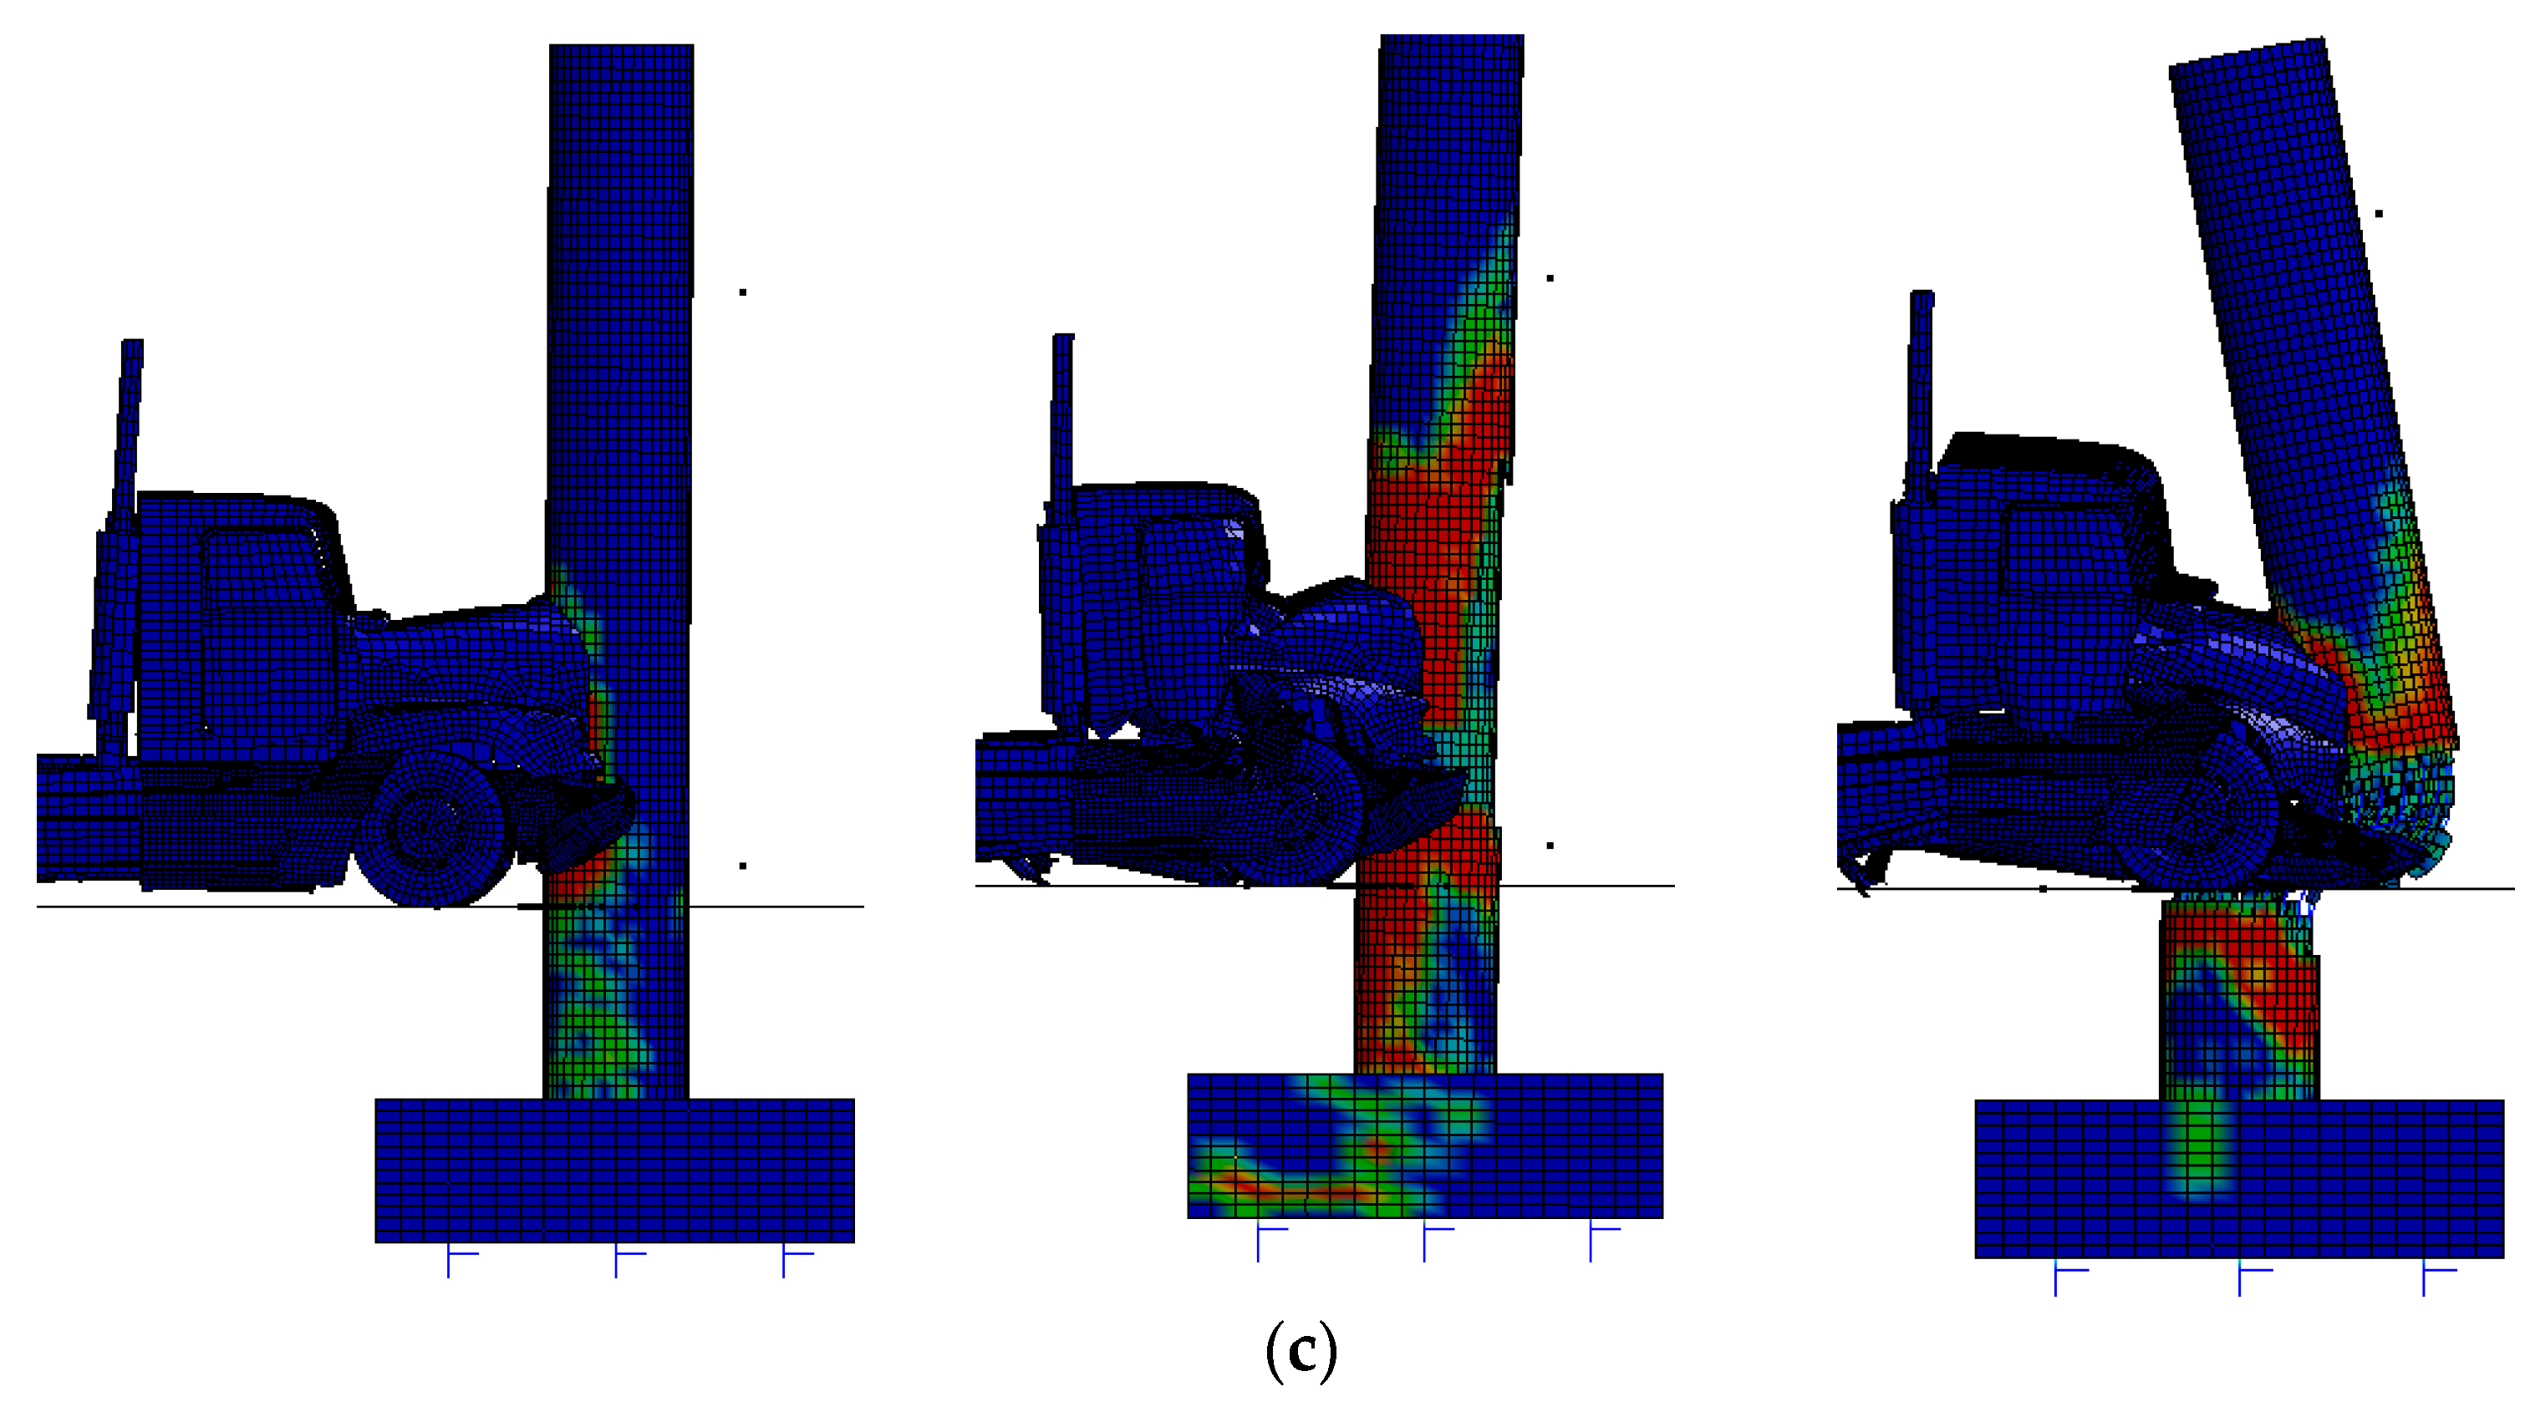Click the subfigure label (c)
point(1301,1352)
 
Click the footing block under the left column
point(615,1171)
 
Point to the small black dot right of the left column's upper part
point(743,292)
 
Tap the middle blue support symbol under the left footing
point(629,1261)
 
